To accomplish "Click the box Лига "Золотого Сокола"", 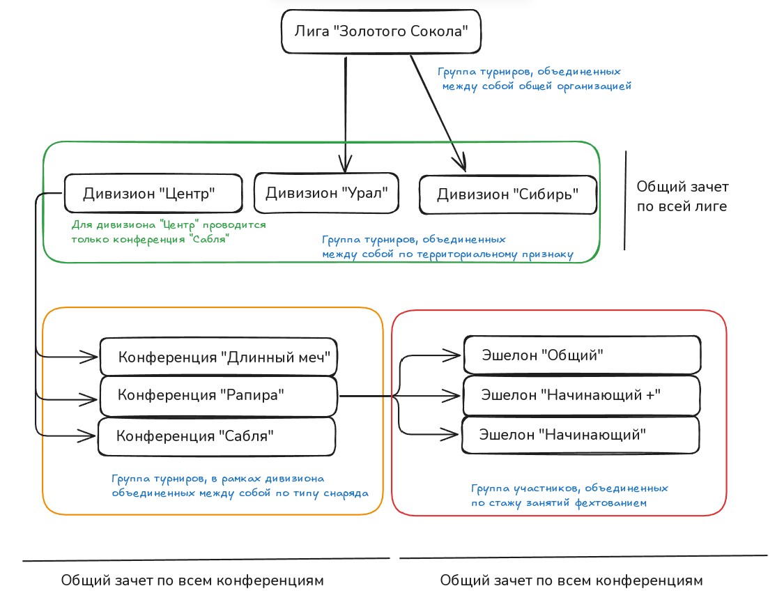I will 381,31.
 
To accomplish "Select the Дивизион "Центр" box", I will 153,193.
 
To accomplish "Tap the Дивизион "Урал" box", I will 327,192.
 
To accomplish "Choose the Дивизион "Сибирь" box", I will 508,194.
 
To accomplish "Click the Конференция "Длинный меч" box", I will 219,357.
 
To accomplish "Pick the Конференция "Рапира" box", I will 219,395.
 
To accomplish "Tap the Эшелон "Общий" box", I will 582,355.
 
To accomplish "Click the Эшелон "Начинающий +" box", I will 582,394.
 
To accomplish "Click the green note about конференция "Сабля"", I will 169,232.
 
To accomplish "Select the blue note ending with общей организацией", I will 534,79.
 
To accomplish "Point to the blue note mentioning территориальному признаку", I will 447,247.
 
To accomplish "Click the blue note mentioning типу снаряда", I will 240,486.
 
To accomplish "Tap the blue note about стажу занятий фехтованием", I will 569,495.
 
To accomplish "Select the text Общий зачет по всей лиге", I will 682,197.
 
